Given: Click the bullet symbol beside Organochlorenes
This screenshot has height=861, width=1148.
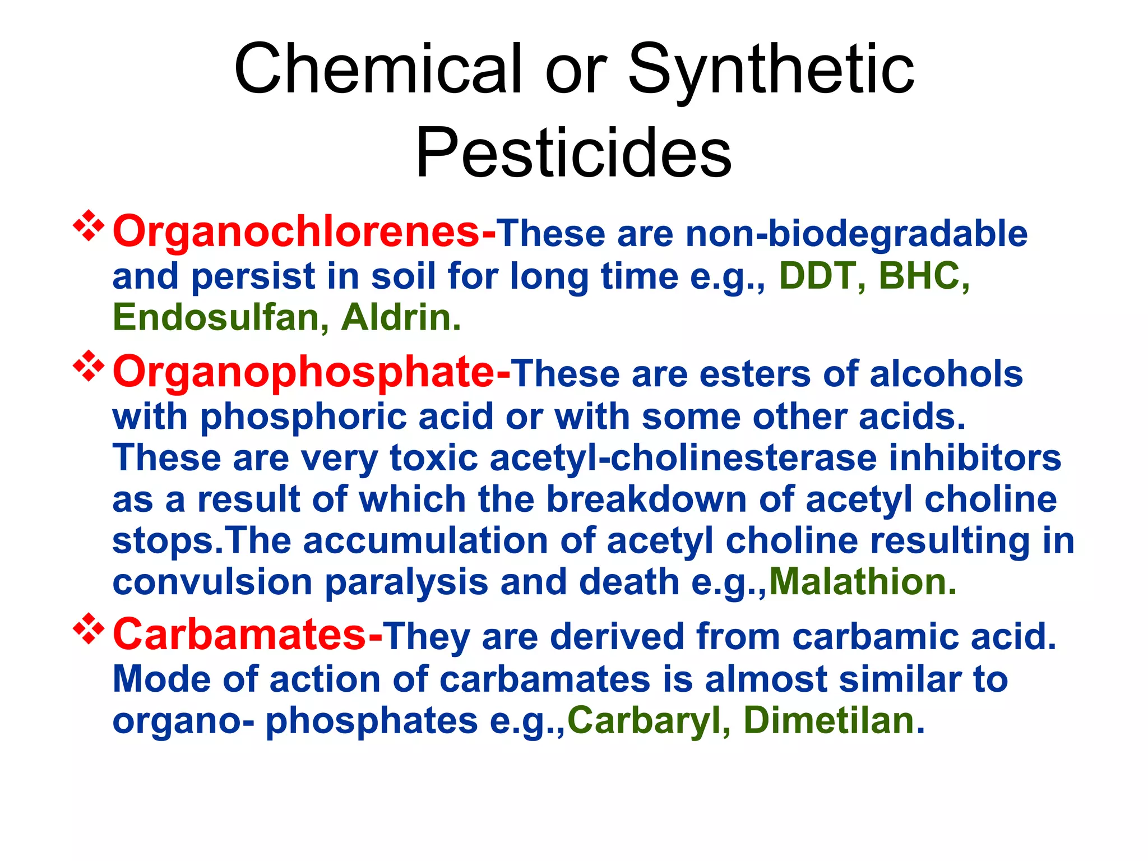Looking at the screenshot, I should [x=89, y=226].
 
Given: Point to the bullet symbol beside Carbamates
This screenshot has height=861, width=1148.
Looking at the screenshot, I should [x=89, y=629].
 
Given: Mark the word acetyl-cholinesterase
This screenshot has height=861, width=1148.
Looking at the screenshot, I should [x=683, y=457].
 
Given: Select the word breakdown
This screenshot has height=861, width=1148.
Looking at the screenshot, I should [x=646, y=499].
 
